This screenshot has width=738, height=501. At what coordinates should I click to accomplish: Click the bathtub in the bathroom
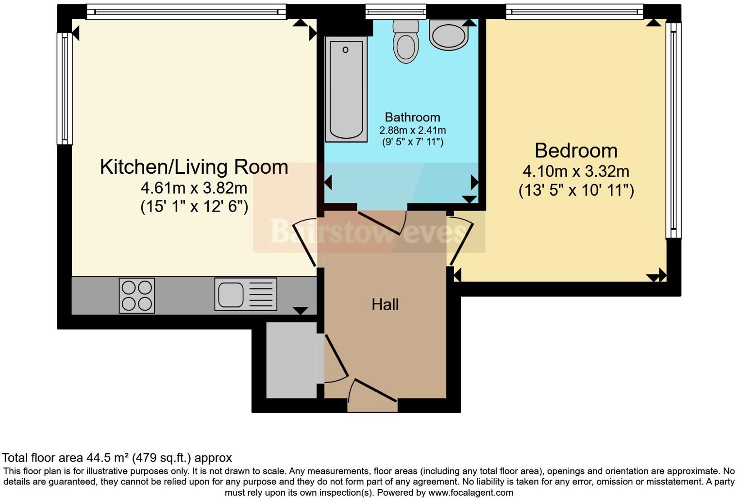click(346, 90)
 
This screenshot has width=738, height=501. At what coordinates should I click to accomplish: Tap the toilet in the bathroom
click(406, 43)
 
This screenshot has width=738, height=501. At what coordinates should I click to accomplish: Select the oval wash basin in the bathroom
click(449, 35)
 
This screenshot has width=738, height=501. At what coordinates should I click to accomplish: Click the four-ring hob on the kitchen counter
click(137, 295)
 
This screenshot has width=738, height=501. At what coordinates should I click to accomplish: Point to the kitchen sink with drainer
click(246, 294)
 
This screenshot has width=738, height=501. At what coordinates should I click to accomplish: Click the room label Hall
click(385, 305)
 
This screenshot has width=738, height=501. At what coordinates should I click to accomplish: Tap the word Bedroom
click(576, 151)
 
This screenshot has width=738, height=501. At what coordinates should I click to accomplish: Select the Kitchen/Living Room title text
click(194, 167)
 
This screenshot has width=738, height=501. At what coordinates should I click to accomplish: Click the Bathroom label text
click(412, 117)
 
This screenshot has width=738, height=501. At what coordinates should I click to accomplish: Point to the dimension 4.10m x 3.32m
click(576, 171)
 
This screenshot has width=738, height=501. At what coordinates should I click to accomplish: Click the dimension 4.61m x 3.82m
click(194, 187)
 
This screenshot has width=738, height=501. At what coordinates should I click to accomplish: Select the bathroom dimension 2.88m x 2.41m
click(412, 130)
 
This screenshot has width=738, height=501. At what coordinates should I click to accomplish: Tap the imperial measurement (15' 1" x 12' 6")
click(194, 206)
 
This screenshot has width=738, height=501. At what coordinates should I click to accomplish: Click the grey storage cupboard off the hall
click(291, 360)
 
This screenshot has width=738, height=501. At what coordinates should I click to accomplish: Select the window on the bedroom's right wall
click(673, 131)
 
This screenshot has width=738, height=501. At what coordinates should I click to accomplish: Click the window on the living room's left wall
click(65, 89)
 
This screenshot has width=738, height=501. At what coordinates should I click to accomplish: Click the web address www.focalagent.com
click(470, 493)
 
